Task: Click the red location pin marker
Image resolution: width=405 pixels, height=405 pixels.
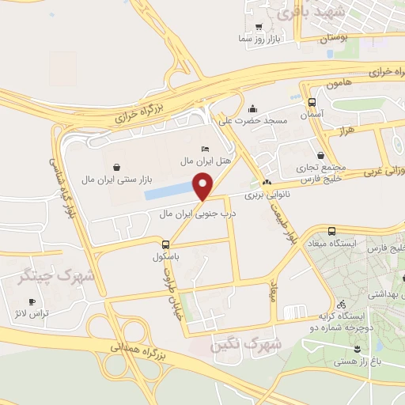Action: click(x=205, y=187)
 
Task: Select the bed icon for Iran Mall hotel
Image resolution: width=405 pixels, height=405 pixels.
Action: click(x=206, y=149)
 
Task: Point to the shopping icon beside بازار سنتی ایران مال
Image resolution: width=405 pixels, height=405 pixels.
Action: click(x=117, y=167)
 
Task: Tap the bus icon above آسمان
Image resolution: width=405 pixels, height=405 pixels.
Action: click(x=312, y=102)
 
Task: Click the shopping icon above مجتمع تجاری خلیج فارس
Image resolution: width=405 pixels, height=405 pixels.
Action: click(x=320, y=156)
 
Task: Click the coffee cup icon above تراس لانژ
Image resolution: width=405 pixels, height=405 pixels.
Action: click(x=32, y=301)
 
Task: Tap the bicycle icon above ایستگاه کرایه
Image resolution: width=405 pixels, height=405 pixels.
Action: click(x=341, y=303)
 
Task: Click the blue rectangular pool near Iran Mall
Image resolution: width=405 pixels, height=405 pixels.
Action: click(x=169, y=191)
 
